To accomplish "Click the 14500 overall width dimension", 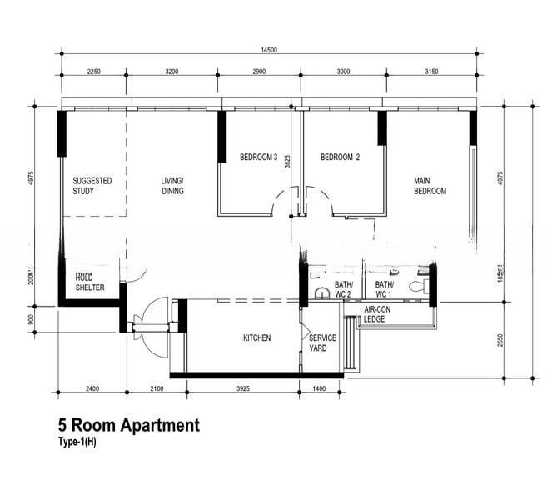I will click(x=268, y=50).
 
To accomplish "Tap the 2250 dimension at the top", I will click(x=93, y=72).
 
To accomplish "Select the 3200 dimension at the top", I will click(x=172, y=72).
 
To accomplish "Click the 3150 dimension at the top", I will click(x=431, y=72).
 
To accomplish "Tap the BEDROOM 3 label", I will click(x=258, y=157).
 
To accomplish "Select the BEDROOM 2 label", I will click(x=340, y=157).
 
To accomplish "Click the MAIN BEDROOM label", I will click(x=430, y=185).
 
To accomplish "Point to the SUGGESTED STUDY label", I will click(x=92, y=185).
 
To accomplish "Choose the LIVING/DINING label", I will click(x=172, y=185).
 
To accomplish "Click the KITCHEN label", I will click(x=256, y=337).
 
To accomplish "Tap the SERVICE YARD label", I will click(x=322, y=342).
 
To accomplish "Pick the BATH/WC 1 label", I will click(x=384, y=288).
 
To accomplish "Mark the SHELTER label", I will click(x=90, y=287).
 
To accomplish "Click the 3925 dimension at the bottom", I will click(x=241, y=389).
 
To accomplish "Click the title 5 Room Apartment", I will click(x=128, y=426).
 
